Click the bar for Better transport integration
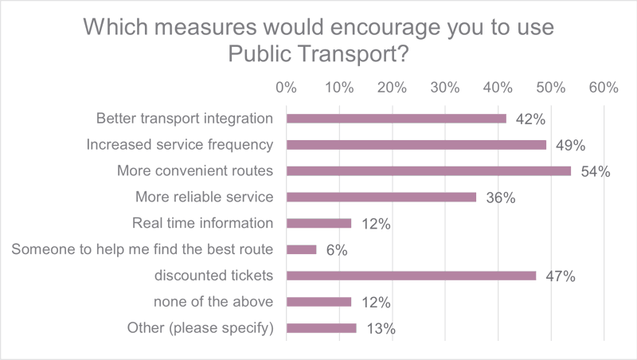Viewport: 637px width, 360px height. point(396,119)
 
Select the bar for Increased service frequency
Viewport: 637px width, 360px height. point(416,145)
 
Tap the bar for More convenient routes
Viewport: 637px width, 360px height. point(428,170)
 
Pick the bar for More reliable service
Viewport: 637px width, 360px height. point(381,197)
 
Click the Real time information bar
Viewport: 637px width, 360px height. point(318,223)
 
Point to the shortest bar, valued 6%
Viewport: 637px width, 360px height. point(301,249)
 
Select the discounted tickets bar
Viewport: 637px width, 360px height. point(411,276)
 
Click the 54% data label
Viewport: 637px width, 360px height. point(593,172)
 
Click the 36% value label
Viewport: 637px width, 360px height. point(498,198)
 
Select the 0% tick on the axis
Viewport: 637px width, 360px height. point(286,88)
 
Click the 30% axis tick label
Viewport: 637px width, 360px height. point(445,88)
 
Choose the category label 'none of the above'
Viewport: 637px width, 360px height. point(213,302)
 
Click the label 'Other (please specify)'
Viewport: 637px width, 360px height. point(201,328)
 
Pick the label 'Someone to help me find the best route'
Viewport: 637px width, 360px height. point(143,249)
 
